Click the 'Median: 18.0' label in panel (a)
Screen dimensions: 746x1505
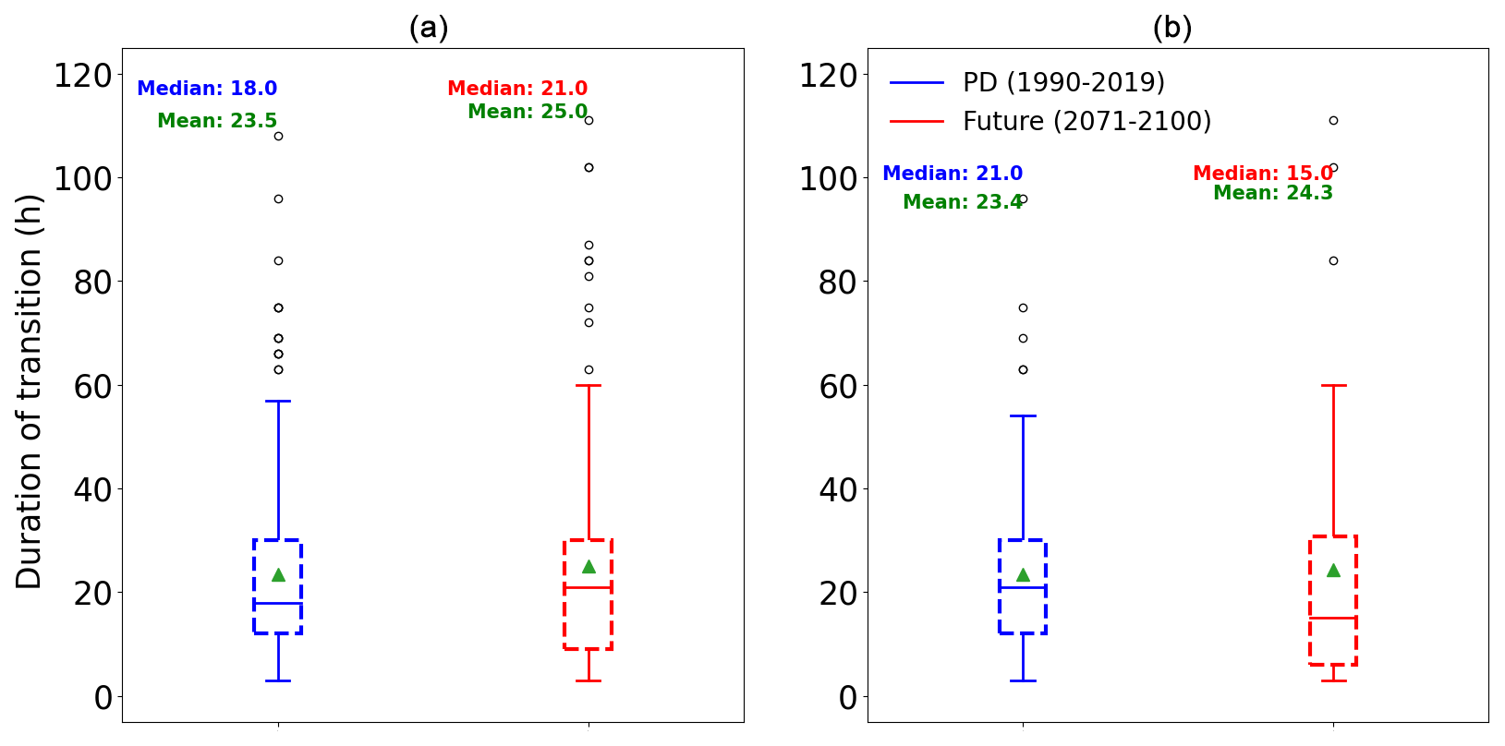pyautogui.click(x=207, y=89)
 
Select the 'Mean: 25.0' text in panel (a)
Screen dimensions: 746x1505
pyautogui.click(x=527, y=112)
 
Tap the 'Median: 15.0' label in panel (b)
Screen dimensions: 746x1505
pyautogui.click(x=1262, y=174)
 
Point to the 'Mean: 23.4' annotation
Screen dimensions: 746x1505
pyautogui.click(x=962, y=202)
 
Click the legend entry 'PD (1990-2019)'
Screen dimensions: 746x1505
pyautogui.click(x=1063, y=82)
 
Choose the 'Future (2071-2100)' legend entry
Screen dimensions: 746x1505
pyautogui.click(x=1086, y=121)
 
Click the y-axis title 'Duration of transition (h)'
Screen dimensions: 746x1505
pyautogui.click(x=29, y=391)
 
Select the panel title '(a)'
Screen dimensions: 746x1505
pyautogui.click(x=429, y=28)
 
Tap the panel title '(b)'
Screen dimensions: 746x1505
pyautogui.click(x=1171, y=28)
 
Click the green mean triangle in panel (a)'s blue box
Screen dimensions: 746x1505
pyautogui.click(x=278, y=574)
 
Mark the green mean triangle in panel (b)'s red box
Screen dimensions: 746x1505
pyautogui.click(x=1333, y=571)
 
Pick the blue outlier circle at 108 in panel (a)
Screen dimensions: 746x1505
pyautogui.click(x=278, y=136)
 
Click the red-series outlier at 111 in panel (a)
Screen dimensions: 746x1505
pyautogui.click(x=589, y=120)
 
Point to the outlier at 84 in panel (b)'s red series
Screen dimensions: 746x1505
pyautogui.click(x=1333, y=260)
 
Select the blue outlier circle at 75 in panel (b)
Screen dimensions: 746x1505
pyautogui.click(x=1023, y=307)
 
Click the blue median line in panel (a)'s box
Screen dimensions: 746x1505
pyautogui.click(x=278, y=603)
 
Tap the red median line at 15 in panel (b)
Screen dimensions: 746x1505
pyautogui.click(x=1333, y=618)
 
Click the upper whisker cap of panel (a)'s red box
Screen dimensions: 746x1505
pyautogui.click(x=589, y=385)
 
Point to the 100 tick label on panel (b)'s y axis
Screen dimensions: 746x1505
pyautogui.click(x=828, y=178)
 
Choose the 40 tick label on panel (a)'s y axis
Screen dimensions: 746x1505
pyautogui.click(x=93, y=489)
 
